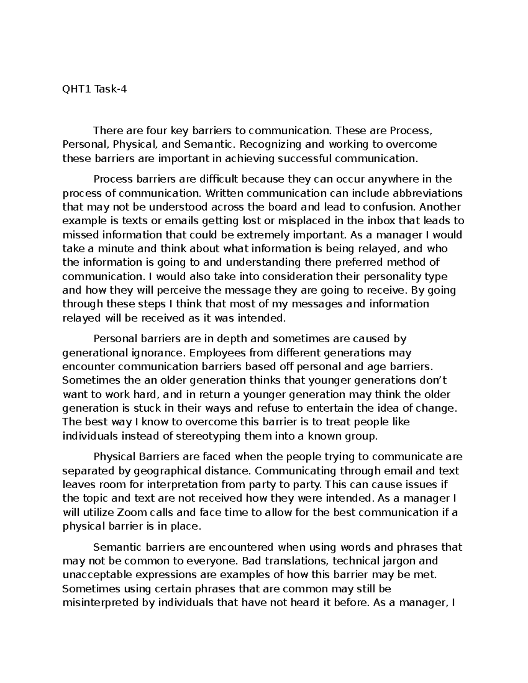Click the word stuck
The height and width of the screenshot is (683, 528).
point(136,408)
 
